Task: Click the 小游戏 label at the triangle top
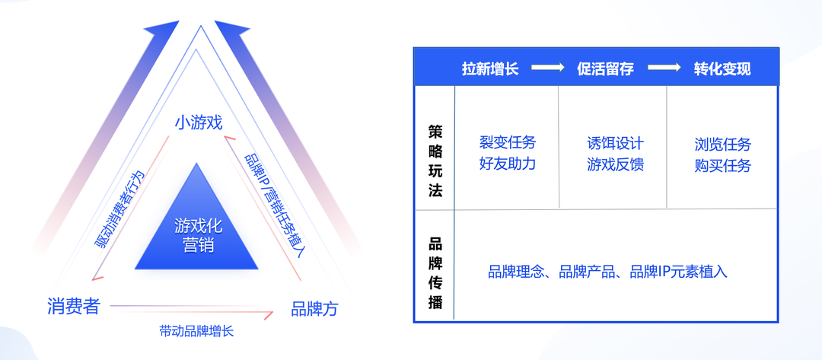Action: click(x=199, y=123)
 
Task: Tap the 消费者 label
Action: click(x=73, y=306)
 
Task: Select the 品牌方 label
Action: click(x=314, y=309)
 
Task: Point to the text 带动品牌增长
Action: click(x=196, y=331)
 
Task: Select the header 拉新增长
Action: click(x=490, y=68)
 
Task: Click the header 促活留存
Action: click(x=606, y=68)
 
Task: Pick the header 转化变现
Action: click(x=722, y=68)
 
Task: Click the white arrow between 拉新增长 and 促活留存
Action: click(x=547, y=68)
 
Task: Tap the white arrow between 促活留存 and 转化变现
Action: click(x=664, y=68)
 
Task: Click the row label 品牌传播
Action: click(x=435, y=274)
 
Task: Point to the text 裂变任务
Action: click(x=508, y=142)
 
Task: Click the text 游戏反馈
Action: click(x=616, y=165)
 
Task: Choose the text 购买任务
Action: click(x=723, y=166)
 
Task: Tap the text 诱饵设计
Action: click(x=616, y=143)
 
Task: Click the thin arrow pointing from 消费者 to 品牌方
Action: click(x=192, y=310)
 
